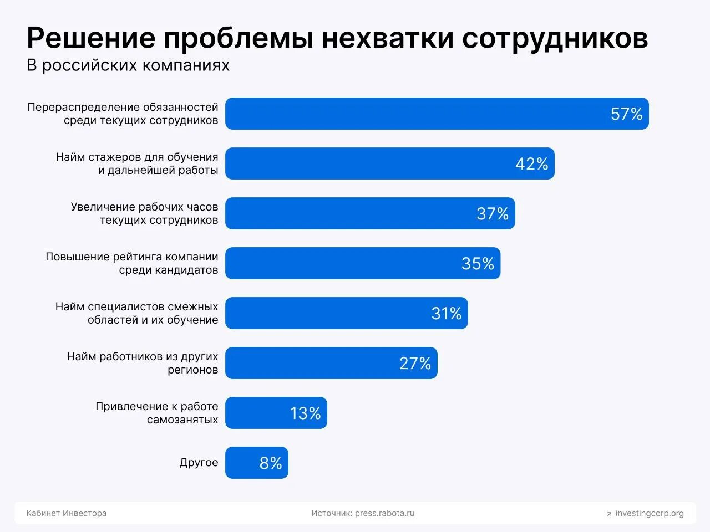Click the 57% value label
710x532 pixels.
coord(626,114)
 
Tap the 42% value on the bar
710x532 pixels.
coord(531,164)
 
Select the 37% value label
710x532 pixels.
coord(493,214)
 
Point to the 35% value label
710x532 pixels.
coord(478,264)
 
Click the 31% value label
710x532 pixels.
coord(446,314)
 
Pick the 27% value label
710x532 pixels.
coord(415,364)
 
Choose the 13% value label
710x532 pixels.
coord(305,413)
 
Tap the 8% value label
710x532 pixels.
coord(271,463)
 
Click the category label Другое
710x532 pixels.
coord(199,463)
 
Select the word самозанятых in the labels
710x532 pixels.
coord(182,420)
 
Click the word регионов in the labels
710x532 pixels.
coord(193,370)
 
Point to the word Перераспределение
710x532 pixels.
coord(83,107)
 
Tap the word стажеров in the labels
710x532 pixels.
coord(114,157)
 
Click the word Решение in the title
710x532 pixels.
coord(91,38)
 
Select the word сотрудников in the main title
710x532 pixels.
coord(555,38)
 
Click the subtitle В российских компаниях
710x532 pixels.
coord(128,65)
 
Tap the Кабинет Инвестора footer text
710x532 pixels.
coord(67,513)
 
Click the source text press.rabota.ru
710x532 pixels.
coord(384,513)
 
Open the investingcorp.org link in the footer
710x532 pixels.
coord(650,513)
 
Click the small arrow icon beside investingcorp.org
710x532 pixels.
coord(609,514)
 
